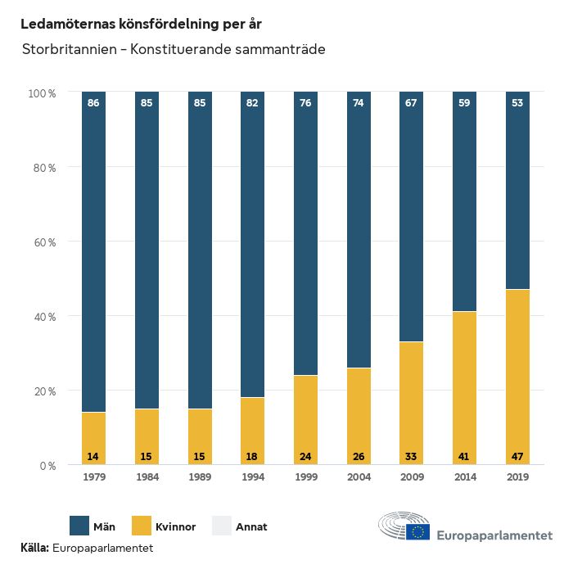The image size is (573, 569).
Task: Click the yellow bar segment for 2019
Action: tap(517, 377)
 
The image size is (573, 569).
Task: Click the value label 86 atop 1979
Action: tap(94, 103)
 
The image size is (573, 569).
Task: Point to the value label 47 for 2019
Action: tap(517, 455)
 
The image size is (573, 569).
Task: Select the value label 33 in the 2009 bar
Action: tap(412, 455)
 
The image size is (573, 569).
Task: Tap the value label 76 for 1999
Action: tap(305, 103)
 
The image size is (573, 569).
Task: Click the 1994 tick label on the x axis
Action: tap(253, 477)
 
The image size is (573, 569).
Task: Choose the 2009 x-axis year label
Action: tap(412, 477)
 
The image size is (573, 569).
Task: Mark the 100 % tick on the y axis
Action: tap(42, 93)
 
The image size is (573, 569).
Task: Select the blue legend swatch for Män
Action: tap(79, 526)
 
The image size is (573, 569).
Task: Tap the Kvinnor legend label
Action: tap(175, 526)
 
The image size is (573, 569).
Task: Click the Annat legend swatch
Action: tap(222, 526)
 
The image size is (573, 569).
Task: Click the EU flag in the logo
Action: tap(417, 533)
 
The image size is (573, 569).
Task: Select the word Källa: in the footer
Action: tap(34, 547)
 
